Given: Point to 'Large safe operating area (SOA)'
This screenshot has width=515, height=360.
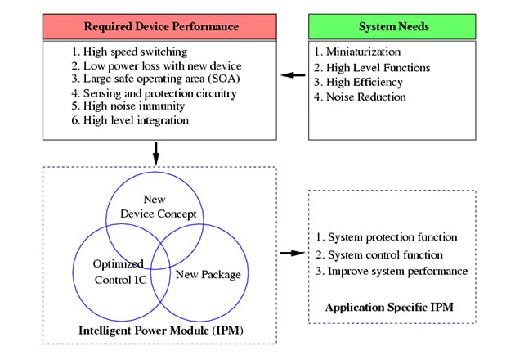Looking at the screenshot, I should (151, 79).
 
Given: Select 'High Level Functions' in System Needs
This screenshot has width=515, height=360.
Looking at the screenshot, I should (372, 68).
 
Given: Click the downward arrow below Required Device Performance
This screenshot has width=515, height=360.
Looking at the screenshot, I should (155, 152).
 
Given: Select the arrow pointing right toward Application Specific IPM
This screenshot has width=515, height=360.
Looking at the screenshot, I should (290, 253).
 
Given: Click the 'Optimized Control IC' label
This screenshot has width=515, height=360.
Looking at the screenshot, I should (119, 271).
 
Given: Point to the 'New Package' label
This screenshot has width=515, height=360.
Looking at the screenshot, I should (208, 273).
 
